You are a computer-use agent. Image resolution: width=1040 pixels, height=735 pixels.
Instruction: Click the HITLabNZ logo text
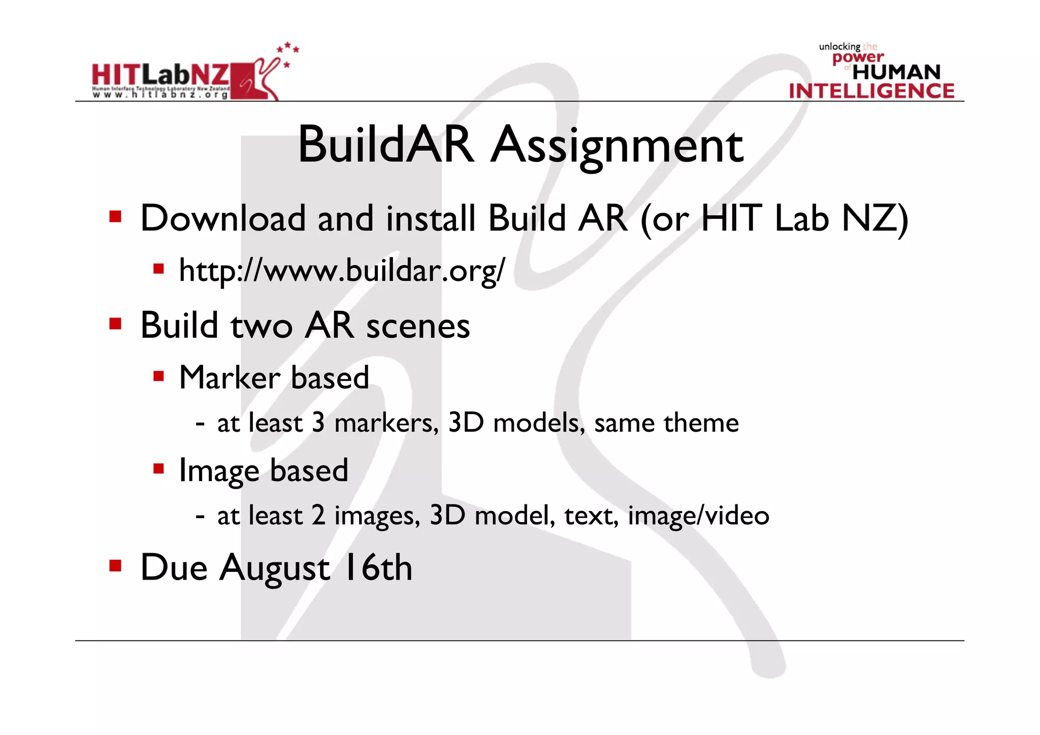pyautogui.click(x=160, y=75)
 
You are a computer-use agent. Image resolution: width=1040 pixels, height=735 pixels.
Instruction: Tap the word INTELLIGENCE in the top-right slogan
pyautogui.click(x=871, y=91)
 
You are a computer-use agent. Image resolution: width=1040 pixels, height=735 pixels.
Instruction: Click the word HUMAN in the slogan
pyautogui.click(x=896, y=72)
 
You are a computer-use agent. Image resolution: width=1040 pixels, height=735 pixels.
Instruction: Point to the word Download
pyautogui.click(x=223, y=218)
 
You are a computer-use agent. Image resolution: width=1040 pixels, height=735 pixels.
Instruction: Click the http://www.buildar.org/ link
pyautogui.click(x=342, y=271)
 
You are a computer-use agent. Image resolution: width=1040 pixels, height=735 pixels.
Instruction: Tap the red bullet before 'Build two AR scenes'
pyautogui.click(x=115, y=324)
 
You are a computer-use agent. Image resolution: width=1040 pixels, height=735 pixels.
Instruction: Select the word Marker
pyautogui.click(x=230, y=377)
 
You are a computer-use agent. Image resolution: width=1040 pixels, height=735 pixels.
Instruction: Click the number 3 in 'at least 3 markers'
pyautogui.click(x=318, y=423)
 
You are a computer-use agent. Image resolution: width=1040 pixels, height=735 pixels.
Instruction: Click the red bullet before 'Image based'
pyautogui.click(x=159, y=468)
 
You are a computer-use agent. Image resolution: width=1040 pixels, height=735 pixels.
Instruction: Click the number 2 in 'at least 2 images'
pyautogui.click(x=318, y=516)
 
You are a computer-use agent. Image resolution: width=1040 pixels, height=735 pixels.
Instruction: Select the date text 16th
pyautogui.click(x=377, y=567)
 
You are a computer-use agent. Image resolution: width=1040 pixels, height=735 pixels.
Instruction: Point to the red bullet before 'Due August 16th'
pyautogui.click(x=115, y=565)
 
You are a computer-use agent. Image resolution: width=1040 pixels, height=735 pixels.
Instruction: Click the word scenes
pyautogui.click(x=418, y=326)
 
